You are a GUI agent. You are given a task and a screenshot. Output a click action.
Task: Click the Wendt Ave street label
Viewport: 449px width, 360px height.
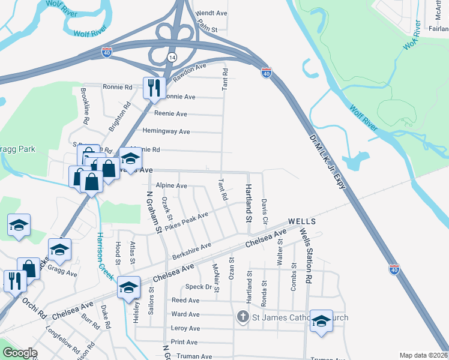[x=212, y=13]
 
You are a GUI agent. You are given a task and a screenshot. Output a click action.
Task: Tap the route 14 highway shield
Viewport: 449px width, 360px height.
[x=172, y=56]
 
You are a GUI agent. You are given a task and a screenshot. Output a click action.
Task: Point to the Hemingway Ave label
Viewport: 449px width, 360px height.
[x=166, y=131]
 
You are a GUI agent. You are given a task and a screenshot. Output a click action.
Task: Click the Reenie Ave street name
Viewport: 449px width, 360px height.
[x=170, y=114]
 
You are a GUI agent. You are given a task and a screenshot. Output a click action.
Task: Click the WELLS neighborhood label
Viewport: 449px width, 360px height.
[x=302, y=221]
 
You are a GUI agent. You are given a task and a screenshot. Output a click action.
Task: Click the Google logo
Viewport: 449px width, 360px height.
[x=20, y=353]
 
